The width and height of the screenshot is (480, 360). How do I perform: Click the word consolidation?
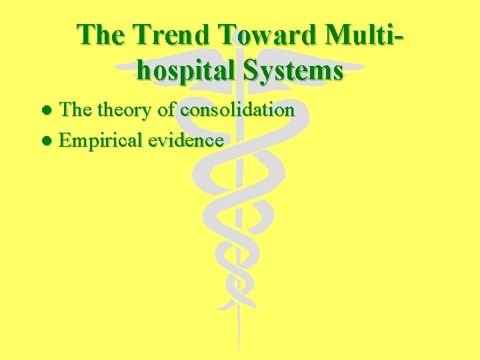[x=237, y=110]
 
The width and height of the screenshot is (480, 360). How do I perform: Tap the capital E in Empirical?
[x=65, y=140]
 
